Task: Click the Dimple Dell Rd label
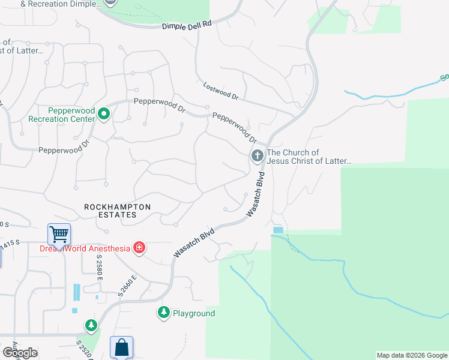(x=188, y=25)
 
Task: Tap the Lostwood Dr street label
(x=221, y=91)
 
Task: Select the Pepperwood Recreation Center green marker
(x=104, y=113)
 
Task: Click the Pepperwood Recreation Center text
(x=62, y=115)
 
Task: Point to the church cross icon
(x=258, y=157)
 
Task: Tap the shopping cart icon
(x=59, y=234)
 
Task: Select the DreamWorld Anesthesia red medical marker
(x=139, y=248)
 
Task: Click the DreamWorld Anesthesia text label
(x=85, y=248)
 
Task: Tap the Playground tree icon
(x=164, y=313)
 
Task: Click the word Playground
(x=194, y=313)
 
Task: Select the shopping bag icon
(x=121, y=347)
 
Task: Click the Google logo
(x=20, y=353)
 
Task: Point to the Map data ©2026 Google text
(x=412, y=355)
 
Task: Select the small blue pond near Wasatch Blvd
(x=277, y=230)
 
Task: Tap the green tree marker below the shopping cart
(x=91, y=326)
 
